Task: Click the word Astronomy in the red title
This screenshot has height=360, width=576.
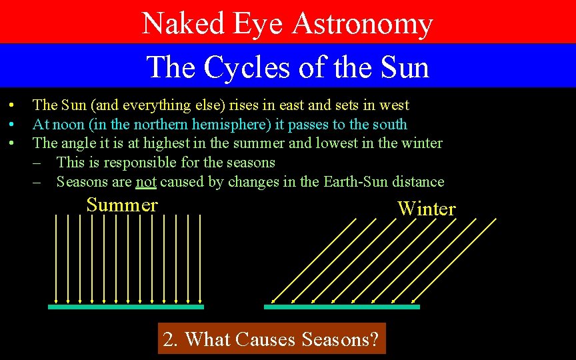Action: (363, 24)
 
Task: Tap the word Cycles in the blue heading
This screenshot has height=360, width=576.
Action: (246, 67)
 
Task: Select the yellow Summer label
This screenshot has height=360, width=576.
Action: (122, 205)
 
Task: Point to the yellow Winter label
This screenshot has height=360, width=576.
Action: (427, 209)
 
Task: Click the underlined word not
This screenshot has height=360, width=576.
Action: (146, 182)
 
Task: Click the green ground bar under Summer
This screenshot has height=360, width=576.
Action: (126, 307)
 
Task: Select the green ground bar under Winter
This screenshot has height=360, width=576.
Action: (342, 307)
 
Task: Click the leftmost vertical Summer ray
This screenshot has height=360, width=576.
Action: (56, 259)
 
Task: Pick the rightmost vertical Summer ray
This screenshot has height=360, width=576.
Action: (200, 259)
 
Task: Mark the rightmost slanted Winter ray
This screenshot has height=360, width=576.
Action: (454, 261)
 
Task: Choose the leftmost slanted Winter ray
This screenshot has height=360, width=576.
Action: (314, 261)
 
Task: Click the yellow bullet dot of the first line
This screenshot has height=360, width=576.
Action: (11, 105)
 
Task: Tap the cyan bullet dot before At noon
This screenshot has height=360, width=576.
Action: (11, 125)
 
